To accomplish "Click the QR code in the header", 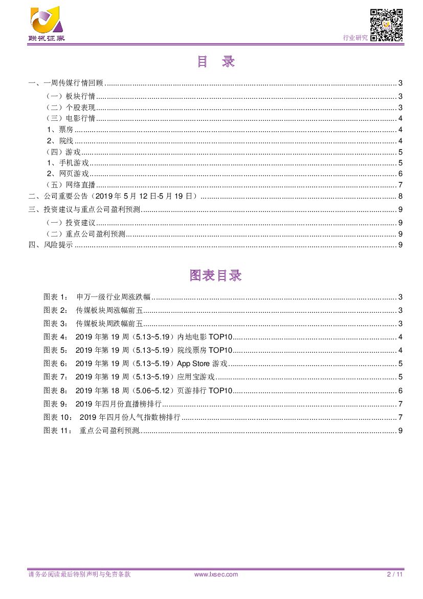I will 386,25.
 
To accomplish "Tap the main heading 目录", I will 215,62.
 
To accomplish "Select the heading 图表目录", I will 215,275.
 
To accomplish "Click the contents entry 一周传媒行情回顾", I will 74,83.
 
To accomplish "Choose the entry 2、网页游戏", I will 68,174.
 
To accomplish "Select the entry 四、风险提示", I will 51,245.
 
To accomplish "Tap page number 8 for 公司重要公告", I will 400,196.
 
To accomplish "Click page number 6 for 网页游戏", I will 400,174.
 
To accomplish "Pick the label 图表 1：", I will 55,297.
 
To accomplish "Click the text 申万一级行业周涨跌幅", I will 113,297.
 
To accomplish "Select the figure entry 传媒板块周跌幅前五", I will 109,324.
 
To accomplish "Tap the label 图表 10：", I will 57,417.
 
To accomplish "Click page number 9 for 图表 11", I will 400,431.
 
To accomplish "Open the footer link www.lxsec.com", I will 216,574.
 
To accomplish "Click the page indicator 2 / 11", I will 395,574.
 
